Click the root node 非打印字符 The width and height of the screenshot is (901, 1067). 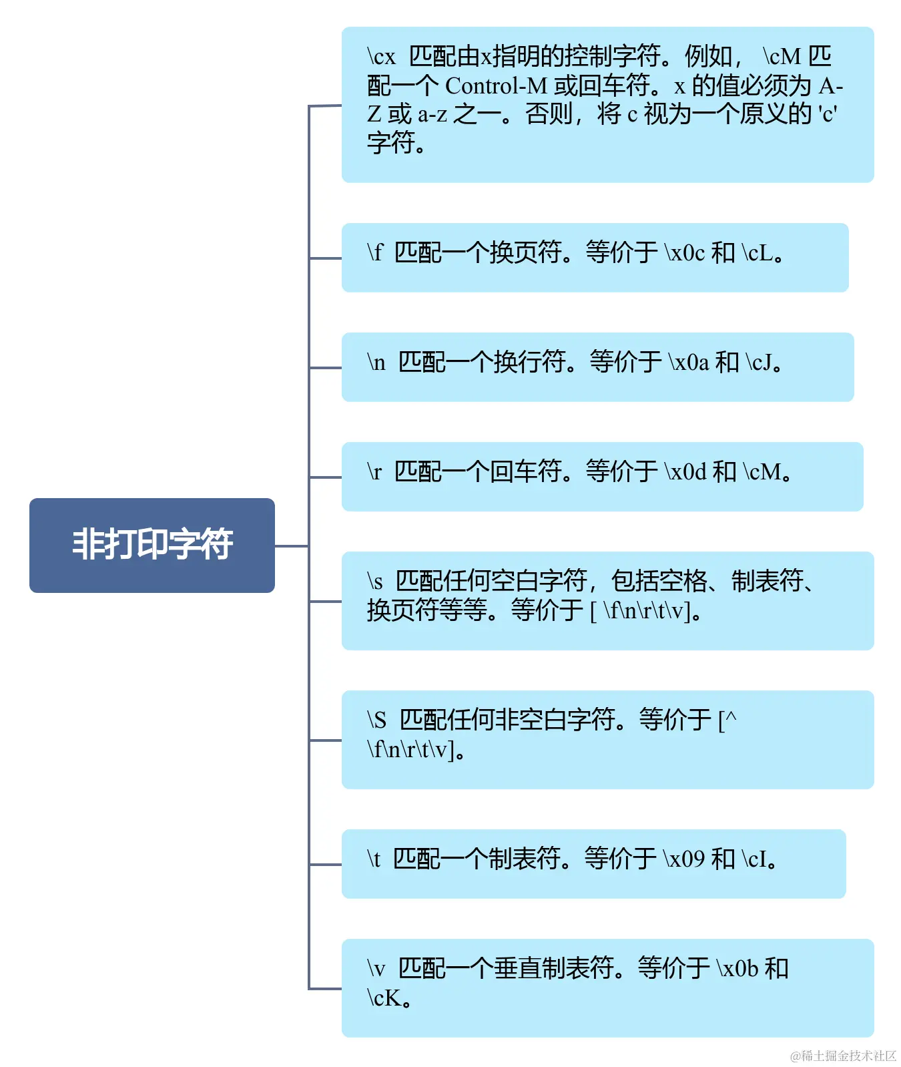(152, 545)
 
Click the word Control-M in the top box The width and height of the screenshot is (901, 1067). (496, 86)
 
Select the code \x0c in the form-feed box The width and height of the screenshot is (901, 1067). (685, 253)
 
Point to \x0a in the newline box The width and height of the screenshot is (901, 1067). (689, 363)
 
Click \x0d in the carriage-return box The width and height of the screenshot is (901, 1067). (685, 472)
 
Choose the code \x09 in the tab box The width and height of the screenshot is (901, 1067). (684, 859)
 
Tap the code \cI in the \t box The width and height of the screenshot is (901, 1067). (755, 859)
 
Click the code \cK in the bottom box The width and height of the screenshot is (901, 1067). (384, 998)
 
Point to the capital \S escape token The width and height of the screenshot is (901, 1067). (376, 720)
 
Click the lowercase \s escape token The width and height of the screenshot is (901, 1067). (375, 581)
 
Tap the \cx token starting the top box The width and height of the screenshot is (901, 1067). (381, 57)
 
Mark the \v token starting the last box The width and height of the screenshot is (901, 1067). (376, 968)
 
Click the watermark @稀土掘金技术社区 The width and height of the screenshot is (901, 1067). (843, 1056)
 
